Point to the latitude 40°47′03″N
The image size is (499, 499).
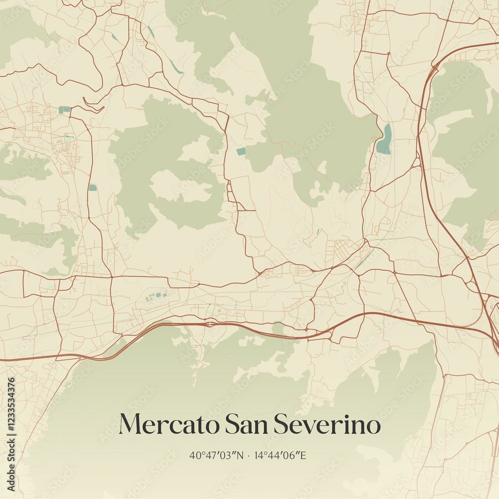pyautogui.click(x=217, y=455)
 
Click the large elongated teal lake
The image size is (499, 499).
pyautogui.click(x=384, y=139)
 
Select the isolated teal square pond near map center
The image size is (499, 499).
pyautogui.click(x=241, y=151)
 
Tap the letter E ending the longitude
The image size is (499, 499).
pyautogui.click(x=302, y=455)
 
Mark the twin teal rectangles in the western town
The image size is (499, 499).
pyautogui.click(x=64, y=109)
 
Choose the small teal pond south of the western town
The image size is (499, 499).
pyautogui.click(x=93, y=188)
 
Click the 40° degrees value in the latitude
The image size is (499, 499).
pyautogui.click(x=195, y=455)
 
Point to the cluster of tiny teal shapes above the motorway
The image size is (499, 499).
pyautogui.click(x=155, y=297)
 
